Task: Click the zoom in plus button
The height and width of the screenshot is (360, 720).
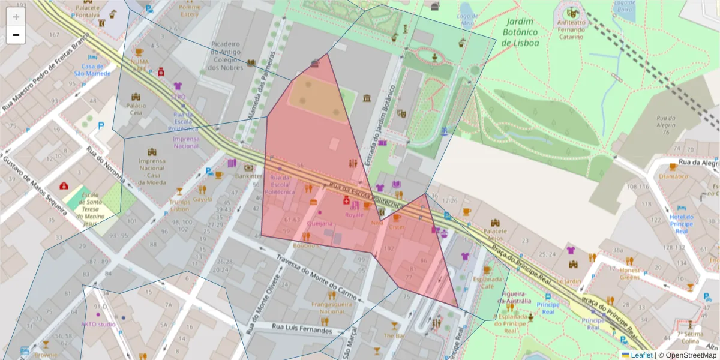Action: tap(16, 17)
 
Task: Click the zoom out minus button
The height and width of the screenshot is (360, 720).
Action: tap(16, 35)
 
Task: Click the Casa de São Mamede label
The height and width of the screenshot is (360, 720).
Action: tap(92, 70)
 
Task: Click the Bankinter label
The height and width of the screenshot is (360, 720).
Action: tap(249, 177)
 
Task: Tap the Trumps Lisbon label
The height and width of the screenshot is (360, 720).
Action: tap(179, 205)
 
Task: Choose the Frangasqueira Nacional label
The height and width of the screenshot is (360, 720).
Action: tap(331, 308)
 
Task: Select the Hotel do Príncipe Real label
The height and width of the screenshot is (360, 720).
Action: tap(681, 224)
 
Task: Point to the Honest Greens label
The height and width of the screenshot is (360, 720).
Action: tap(629, 273)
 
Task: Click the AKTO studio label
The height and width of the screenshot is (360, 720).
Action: tap(98, 325)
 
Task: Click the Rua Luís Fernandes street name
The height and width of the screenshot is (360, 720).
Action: tap(302, 328)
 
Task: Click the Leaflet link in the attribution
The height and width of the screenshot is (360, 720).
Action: tap(641, 355)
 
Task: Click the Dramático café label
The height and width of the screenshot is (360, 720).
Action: tap(673, 176)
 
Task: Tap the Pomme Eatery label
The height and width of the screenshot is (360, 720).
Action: tap(190, 10)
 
